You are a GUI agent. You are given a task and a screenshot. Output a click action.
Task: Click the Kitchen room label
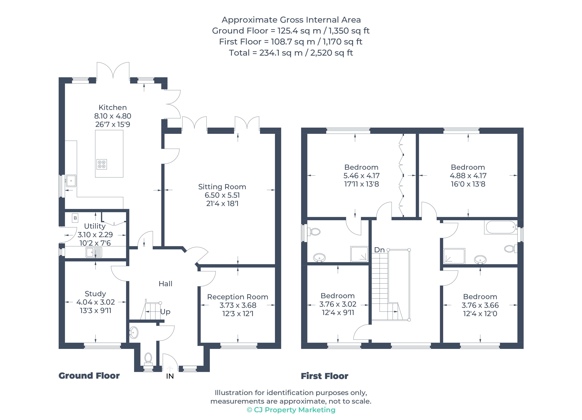click(x=113, y=107)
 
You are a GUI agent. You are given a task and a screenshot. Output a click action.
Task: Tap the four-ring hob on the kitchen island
click(x=102, y=164)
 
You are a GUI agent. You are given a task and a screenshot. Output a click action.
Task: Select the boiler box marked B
click(x=75, y=218)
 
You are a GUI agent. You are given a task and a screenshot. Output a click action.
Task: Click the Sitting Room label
click(x=222, y=187)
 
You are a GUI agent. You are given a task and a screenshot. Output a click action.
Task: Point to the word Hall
click(x=165, y=284)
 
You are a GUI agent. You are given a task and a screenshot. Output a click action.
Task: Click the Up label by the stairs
click(x=165, y=312)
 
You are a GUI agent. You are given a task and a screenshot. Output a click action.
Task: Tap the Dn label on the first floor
click(x=379, y=250)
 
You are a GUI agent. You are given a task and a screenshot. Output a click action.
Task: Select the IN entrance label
click(x=170, y=376)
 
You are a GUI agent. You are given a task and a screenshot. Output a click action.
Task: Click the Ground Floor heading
click(x=89, y=376)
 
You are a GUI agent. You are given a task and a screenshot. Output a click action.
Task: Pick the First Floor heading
click(x=324, y=376)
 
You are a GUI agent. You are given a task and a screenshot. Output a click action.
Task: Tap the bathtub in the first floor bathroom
click(x=501, y=227)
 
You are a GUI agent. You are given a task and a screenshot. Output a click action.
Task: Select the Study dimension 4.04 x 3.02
click(x=95, y=302)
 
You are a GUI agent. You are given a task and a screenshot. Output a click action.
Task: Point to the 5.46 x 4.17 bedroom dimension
click(x=361, y=176)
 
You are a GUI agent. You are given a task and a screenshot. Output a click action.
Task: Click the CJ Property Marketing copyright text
click(x=291, y=410)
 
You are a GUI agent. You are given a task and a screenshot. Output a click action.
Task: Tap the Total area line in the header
click(x=291, y=53)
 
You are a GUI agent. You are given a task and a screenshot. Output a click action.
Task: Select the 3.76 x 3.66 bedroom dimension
click(x=480, y=305)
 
